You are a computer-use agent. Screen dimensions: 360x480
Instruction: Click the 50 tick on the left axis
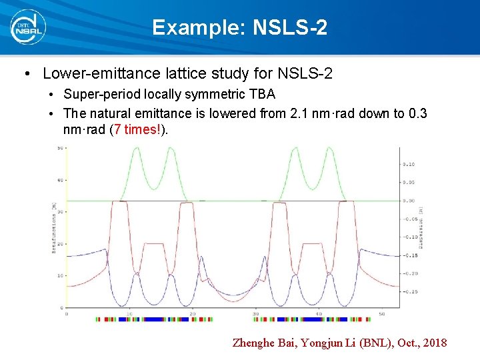pyautogui.click(x=59, y=148)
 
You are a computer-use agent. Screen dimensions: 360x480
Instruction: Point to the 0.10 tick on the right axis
pyautogui.click(x=408, y=164)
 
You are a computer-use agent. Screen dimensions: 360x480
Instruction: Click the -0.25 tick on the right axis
pyautogui.click(x=409, y=291)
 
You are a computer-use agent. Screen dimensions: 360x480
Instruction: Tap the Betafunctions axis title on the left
pyautogui.click(x=53, y=227)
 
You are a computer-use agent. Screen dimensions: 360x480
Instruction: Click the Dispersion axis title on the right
pyautogui.click(x=421, y=227)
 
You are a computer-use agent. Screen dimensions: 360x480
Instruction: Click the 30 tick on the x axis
pyautogui.click(x=256, y=313)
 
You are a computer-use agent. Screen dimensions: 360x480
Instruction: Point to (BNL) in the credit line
pyautogui.click(x=366, y=343)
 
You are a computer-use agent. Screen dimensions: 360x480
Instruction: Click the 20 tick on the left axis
pyautogui.click(x=59, y=243)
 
